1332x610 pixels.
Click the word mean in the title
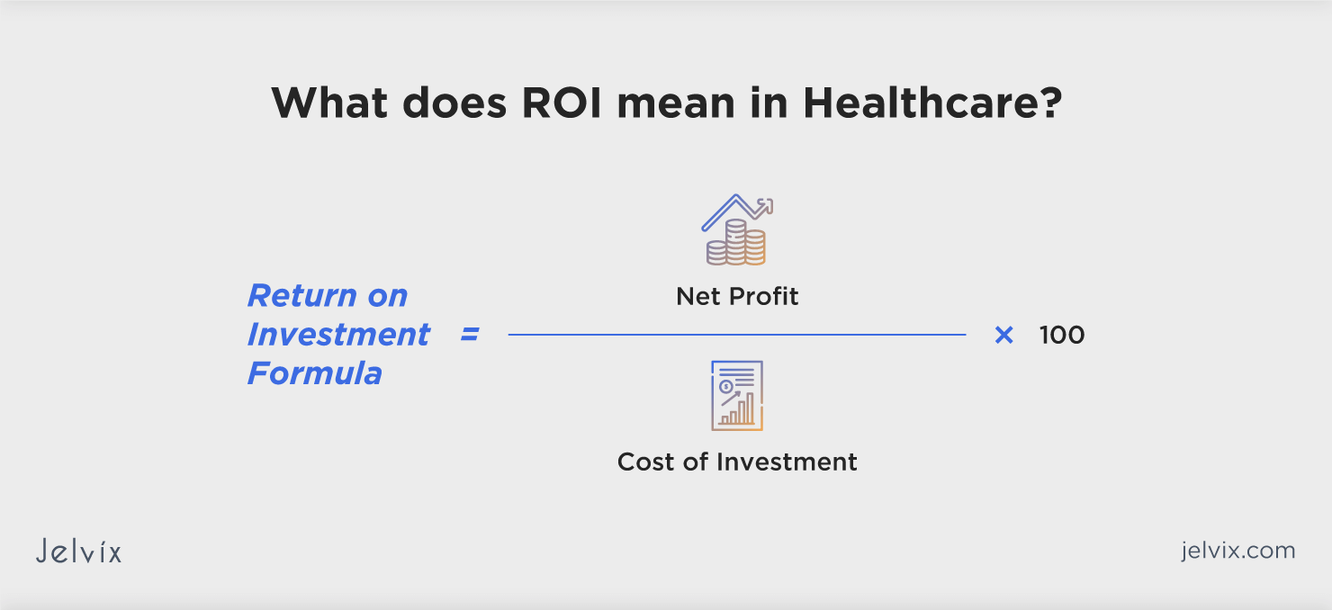pos(689,104)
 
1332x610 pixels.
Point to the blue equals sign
pos(470,335)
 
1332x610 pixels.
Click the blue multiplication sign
pos(1003,335)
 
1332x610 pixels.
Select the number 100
pos(1062,335)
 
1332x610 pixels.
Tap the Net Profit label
pos(737,296)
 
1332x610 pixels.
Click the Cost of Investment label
pos(737,462)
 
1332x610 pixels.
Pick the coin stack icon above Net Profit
pos(737,230)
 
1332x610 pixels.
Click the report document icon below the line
pos(737,395)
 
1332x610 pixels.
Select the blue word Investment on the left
pos(338,335)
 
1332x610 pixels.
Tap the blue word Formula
pos(315,373)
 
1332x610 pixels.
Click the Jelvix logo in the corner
pos(78,551)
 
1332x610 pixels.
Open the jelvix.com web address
pos(1237,550)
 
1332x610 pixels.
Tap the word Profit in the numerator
pos(764,296)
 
